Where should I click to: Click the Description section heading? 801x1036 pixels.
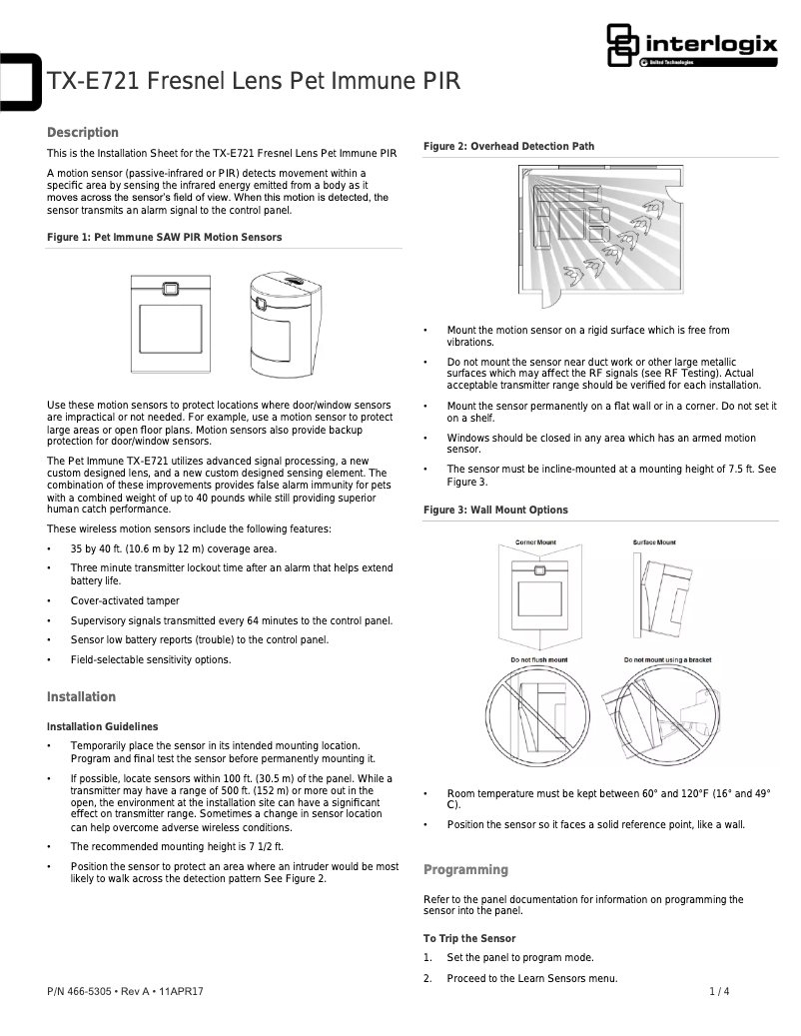point(83,133)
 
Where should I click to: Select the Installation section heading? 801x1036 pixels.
point(82,697)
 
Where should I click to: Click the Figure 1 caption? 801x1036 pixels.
point(165,238)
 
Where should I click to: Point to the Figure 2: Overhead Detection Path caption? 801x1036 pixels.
point(508,147)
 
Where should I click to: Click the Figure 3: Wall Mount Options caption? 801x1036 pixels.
point(495,511)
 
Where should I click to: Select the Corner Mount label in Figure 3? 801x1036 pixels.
point(535,542)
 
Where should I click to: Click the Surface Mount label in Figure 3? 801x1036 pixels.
point(654,542)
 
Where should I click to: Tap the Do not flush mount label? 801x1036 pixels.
point(538,660)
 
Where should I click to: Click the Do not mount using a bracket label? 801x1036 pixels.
point(668,660)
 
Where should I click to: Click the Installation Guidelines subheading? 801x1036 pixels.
point(102,726)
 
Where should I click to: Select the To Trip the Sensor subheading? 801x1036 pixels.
point(469,939)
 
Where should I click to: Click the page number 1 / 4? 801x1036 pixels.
point(719,992)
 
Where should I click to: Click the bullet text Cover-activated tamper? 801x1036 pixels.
point(125,601)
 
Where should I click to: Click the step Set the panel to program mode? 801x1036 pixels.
point(520,958)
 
